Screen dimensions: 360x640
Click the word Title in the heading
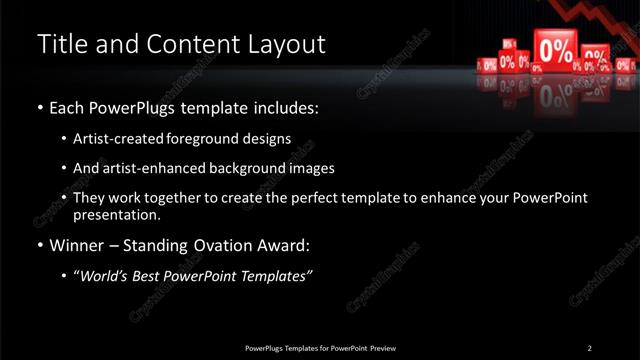click(x=60, y=45)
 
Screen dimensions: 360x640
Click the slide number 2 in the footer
click(x=590, y=347)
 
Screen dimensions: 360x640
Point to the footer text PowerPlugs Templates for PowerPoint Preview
click(x=320, y=347)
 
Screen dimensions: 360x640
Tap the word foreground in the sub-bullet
click(x=200, y=138)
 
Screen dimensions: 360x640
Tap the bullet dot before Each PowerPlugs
click(x=39, y=107)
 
